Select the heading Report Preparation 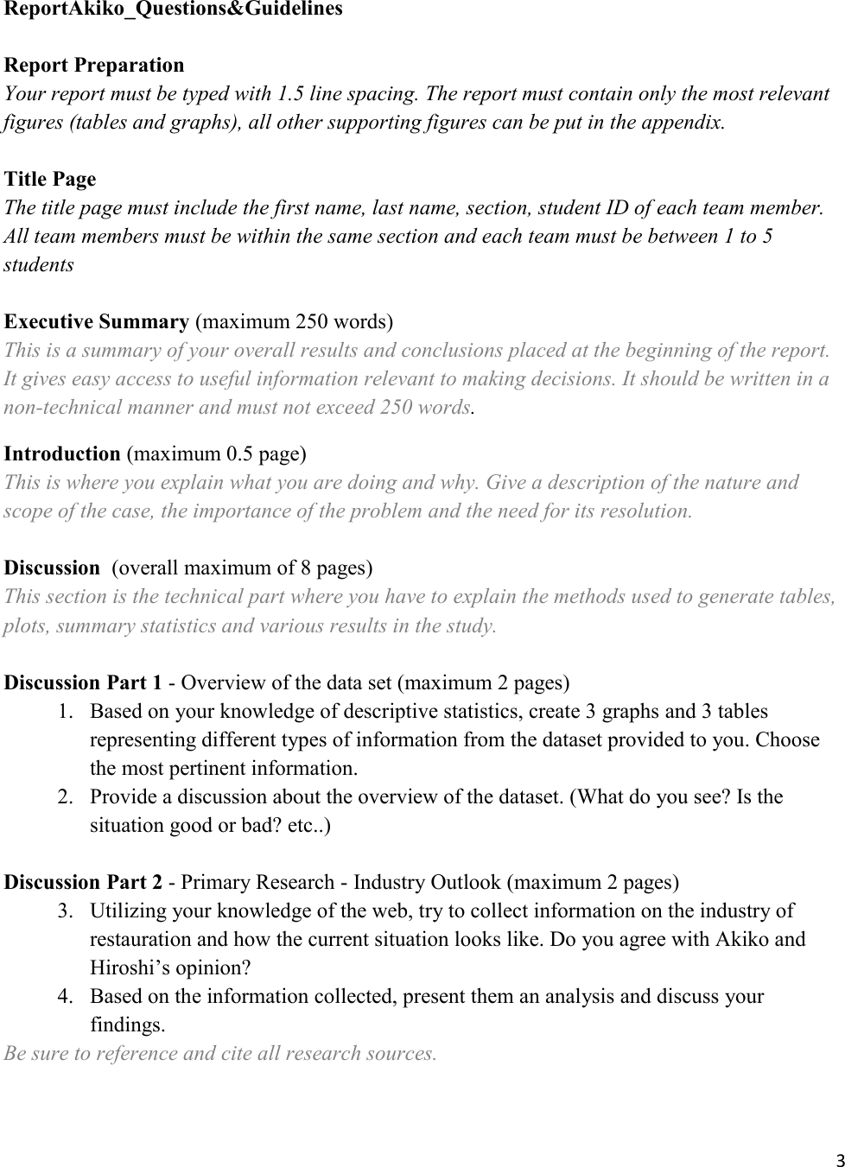click(x=94, y=66)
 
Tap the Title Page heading click(x=50, y=180)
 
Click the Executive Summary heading click(x=97, y=322)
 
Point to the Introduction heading click(x=62, y=453)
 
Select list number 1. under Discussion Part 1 click(x=66, y=712)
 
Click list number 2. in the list click(x=66, y=796)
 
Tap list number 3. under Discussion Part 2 click(x=66, y=911)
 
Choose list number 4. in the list click(x=66, y=997)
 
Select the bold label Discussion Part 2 click(x=83, y=883)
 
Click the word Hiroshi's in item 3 click(x=125, y=967)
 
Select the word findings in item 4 click(x=126, y=1025)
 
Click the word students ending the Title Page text click(x=39, y=264)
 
